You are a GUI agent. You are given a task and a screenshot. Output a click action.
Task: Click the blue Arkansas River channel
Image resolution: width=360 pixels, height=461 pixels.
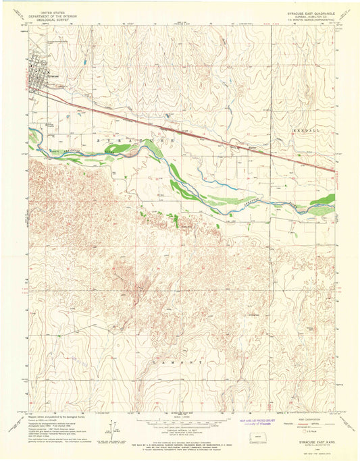(x=203, y=191)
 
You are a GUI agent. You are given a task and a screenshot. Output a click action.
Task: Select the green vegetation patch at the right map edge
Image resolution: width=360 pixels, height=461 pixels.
(x=326, y=200)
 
